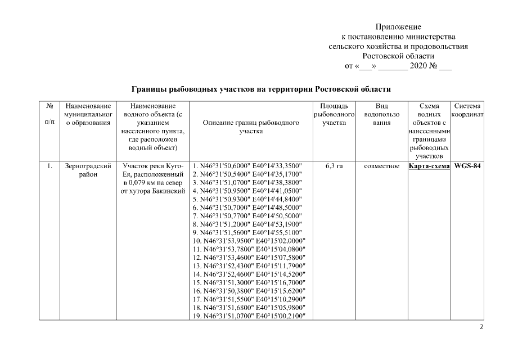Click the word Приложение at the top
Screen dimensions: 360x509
398,26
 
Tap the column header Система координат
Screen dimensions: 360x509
467,110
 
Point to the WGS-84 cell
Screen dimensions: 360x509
467,166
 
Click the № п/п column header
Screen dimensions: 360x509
49,114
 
